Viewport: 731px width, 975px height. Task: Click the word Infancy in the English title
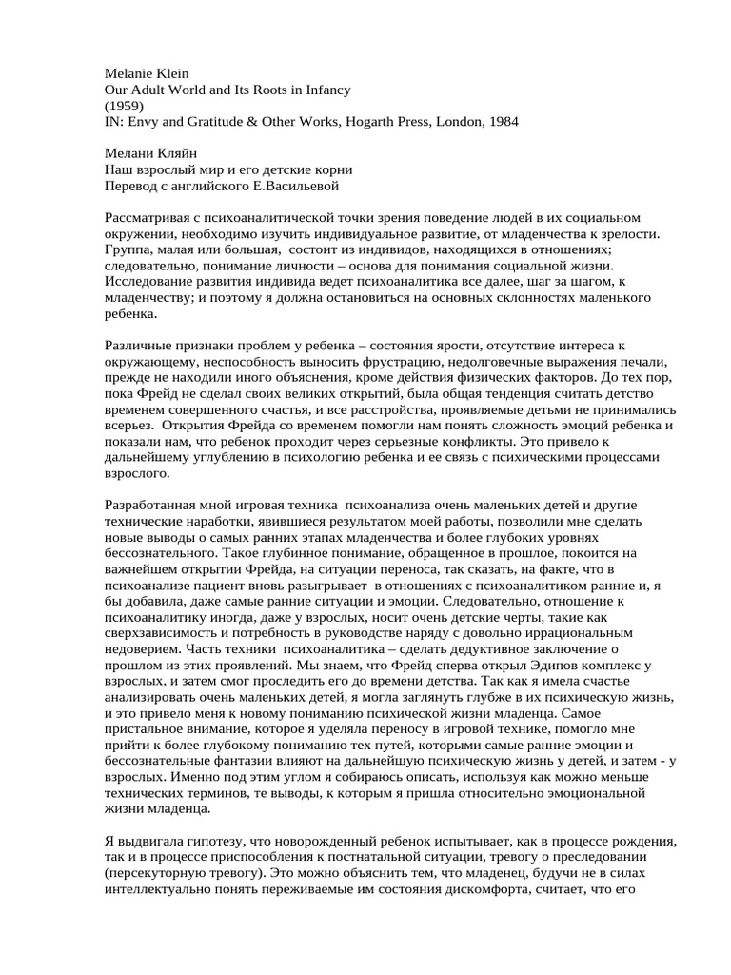[324, 90]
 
